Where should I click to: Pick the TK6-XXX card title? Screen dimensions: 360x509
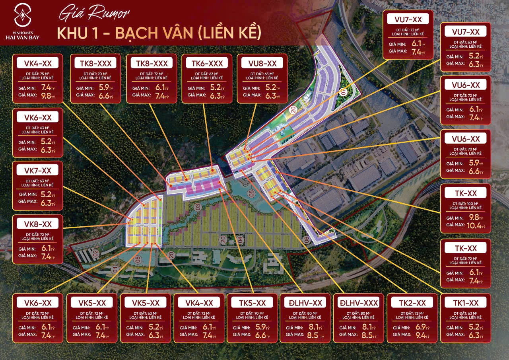[x=207, y=63]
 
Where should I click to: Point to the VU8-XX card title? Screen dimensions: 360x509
[x=262, y=63]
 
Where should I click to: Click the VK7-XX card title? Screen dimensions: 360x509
[x=38, y=170]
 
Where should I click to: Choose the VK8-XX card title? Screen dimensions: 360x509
[x=38, y=224]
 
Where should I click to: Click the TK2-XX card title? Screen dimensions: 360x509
[x=412, y=303]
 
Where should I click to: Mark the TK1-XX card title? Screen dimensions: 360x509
[x=466, y=303]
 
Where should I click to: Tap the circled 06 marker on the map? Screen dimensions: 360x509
[x=306, y=239]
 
